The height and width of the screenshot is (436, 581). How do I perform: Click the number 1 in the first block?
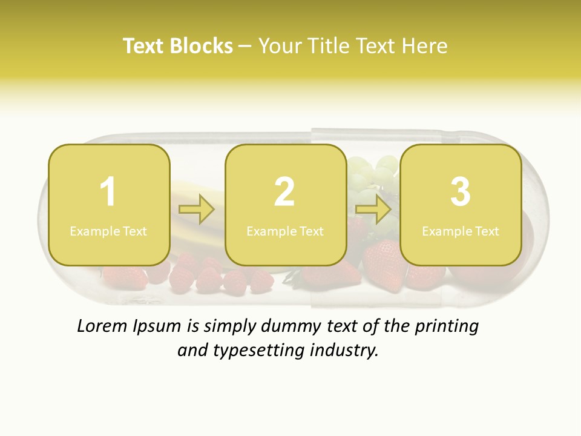tap(108, 192)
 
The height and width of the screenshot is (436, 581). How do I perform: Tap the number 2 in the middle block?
tap(284, 192)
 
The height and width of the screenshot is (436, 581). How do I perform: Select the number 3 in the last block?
tap(461, 192)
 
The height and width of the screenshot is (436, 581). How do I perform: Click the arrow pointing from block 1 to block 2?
tap(197, 210)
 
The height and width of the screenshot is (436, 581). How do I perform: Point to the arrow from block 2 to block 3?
tap(373, 210)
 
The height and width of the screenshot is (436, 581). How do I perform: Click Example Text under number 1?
tap(108, 231)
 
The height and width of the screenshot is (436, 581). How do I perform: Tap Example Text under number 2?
tap(285, 231)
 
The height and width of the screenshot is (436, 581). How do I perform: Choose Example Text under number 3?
tap(461, 231)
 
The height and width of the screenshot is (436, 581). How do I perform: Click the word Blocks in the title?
tap(202, 46)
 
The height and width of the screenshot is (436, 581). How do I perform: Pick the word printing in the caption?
tap(447, 327)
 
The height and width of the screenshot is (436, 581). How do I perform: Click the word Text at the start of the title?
tap(144, 46)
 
